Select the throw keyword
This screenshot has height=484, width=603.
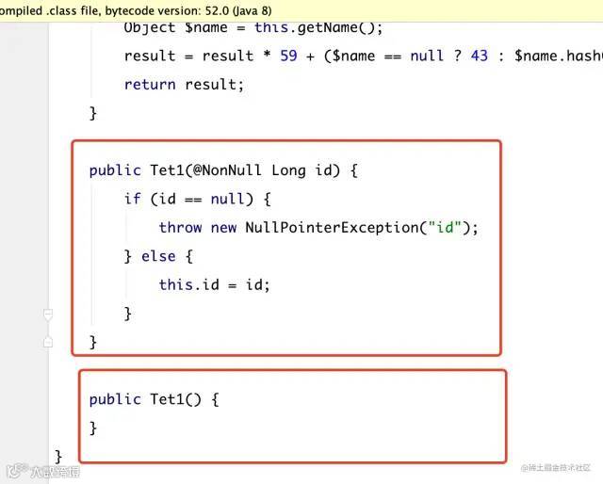pos(180,227)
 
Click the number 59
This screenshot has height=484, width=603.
pos(288,56)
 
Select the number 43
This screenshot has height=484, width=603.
pos(479,56)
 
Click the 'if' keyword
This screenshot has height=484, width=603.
pos(132,199)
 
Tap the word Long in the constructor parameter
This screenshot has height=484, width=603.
pos(289,170)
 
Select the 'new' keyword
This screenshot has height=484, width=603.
pos(224,227)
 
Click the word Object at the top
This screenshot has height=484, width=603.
pos(149,27)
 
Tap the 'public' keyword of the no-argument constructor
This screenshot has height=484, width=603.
pos(115,399)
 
